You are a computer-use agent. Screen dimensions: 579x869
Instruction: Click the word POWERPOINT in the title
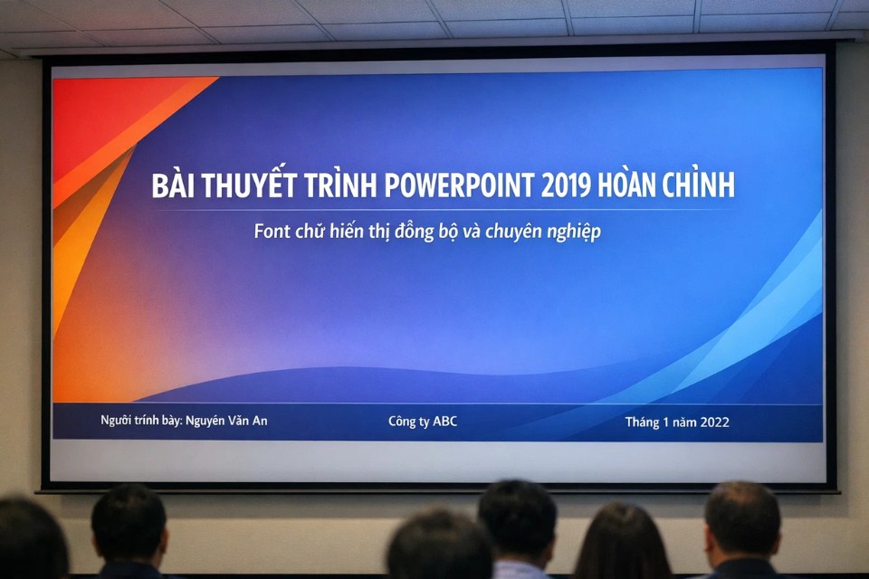click(459, 185)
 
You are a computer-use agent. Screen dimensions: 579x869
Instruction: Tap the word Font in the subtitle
click(272, 232)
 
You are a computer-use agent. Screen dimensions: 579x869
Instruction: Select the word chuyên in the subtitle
click(513, 233)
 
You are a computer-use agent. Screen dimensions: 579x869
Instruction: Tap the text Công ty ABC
click(423, 422)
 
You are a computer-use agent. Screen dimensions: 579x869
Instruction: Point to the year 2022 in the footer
click(713, 422)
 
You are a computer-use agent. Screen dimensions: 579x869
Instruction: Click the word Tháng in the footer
click(644, 422)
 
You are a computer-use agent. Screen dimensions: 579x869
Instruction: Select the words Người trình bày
click(141, 421)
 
